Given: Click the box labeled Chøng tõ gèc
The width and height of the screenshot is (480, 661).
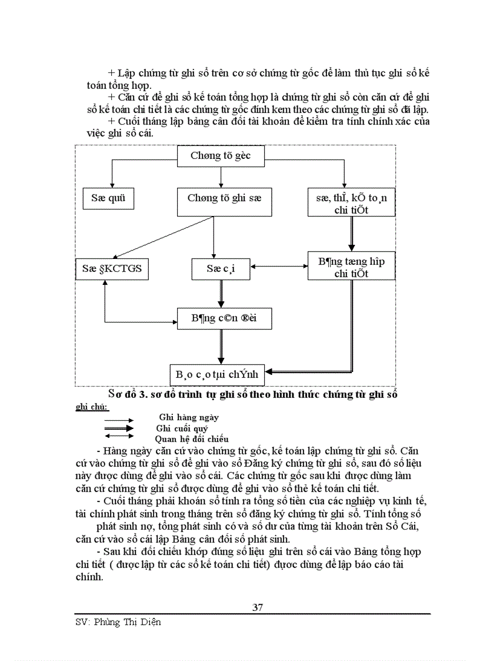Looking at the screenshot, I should coord(221,155).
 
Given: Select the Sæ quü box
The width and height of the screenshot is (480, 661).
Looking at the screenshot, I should coord(108,198).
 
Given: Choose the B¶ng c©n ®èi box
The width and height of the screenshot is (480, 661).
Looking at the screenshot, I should coord(224,318).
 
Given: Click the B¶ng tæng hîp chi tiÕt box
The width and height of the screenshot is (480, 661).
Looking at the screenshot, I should coord(352,266).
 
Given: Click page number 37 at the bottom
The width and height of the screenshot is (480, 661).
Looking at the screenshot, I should coord(258,607).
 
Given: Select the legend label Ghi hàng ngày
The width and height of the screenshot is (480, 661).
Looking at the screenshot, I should coord(188,417).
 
